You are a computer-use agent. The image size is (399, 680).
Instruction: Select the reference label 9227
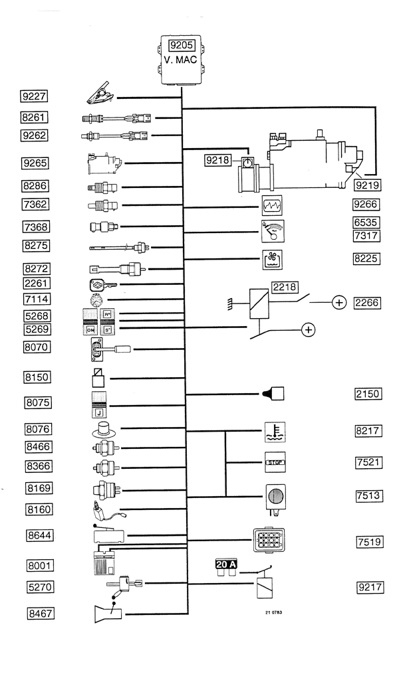click(35, 96)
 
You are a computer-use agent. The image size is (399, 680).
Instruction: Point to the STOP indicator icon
click(275, 462)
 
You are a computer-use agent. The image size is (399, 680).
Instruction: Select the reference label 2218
click(285, 288)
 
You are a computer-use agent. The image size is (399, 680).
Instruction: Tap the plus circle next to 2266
click(339, 303)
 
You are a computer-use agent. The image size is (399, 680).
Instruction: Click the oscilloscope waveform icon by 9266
click(273, 205)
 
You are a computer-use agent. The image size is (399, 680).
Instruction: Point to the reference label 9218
click(217, 160)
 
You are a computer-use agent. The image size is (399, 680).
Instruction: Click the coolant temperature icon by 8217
click(274, 432)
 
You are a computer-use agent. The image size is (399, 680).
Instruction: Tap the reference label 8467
click(40, 614)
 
